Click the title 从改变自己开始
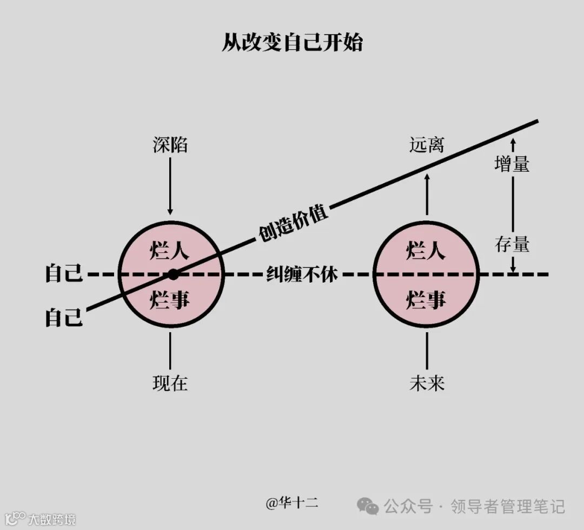[x=292, y=43]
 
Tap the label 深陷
[x=170, y=145]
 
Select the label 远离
[x=427, y=145]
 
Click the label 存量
[x=512, y=245]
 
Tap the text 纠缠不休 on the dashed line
[x=302, y=274]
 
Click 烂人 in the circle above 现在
[x=170, y=251]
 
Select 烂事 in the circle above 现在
[x=170, y=299]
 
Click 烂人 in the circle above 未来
[x=426, y=251]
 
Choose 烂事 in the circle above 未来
[x=426, y=299]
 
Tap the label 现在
[x=170, y=383]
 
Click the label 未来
[x=427, y=383]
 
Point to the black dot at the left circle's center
[x=173, y=274]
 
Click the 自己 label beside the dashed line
[x=64, y=274]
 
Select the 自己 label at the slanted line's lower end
[x=64, y=318]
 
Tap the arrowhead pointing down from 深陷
[x=170, y=211]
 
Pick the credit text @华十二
[x=292, y=504]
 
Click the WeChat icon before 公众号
[x=368, y=506]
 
